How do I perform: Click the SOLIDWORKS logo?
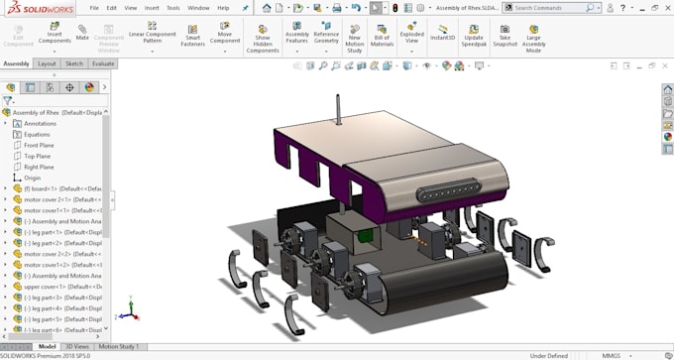pyautogui.click(x=37, y=7)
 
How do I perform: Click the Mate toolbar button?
pyautogui.click(x=82, y=36)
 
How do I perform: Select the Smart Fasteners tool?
pyautogui.click(x=192, y=36)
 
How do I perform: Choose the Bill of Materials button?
pyautogui.click(x=382, y=36)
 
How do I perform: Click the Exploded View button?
pyautogui.click(x=411, y=36)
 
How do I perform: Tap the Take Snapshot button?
pyautogui.click(x=505, y=36)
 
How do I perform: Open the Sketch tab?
pyautogui.click(x=74, y=63)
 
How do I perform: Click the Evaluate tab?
pyautogui.click(x=103, y=63)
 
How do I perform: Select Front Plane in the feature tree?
pyautogui.click(x=39, y=145)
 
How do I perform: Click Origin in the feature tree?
pyautogui.click(x=32, y=178)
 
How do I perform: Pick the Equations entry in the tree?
pyautogui.click(x=37, y=134)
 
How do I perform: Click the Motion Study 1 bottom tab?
pyautogui.click(x=118, y=347)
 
